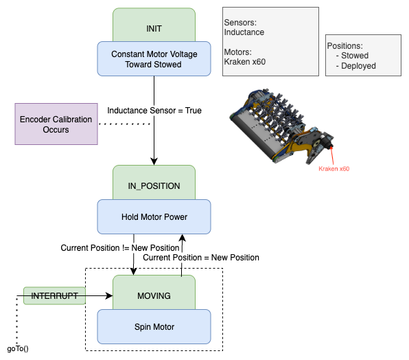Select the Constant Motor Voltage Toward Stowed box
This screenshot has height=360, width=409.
point(154,58)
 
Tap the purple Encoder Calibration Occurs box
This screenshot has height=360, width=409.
point(56,124)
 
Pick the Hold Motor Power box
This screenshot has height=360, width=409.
point(154,216)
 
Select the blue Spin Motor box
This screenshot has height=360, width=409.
point(154,326)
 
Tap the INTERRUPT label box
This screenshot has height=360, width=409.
point(54,296)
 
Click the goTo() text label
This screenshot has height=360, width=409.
point(18,348)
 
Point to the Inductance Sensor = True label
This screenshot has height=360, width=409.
point(154,110)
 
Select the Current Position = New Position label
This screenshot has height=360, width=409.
point(200,258)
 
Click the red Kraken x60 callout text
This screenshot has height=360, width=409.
point(334,168)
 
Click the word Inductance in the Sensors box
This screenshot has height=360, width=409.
point(244,32)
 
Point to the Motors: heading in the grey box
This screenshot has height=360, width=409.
point(239,52)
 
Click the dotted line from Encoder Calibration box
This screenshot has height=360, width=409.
point(124,124)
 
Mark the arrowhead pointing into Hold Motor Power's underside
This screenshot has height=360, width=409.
point(182,238)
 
